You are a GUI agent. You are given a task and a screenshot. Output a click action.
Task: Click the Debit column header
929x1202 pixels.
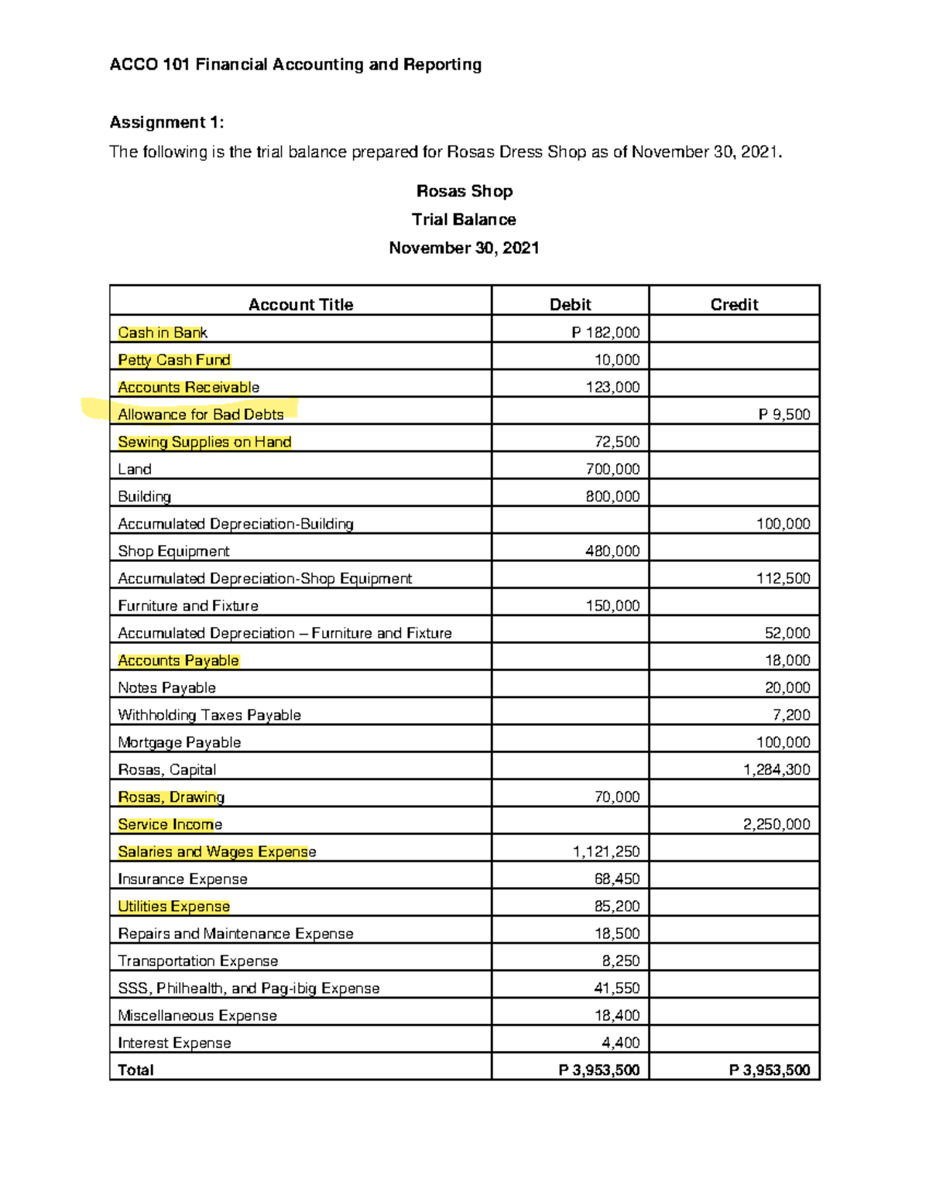(570, 304)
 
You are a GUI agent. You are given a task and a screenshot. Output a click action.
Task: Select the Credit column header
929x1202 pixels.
(734, 304)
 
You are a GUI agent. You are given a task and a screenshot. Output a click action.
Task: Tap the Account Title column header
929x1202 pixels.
(300, 304)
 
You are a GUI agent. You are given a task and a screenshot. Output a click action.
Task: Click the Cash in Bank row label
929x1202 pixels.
(163, 333)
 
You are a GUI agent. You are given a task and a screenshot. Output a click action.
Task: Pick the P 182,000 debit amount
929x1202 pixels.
(605, 333)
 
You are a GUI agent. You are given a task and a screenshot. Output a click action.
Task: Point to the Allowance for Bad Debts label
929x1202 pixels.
(201, 415)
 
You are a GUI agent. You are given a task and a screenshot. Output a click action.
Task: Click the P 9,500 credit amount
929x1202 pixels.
(783, 415)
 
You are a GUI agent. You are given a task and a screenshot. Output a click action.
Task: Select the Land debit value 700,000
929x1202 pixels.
(612, 469)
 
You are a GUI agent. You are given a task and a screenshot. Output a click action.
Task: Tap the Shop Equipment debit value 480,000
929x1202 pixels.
(612, 551)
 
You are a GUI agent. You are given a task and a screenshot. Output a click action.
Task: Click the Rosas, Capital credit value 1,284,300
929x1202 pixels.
(776, 769)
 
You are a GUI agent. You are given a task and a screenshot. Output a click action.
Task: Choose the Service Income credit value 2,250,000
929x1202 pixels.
(776, 824)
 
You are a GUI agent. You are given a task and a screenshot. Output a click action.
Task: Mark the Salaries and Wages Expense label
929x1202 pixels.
(217, 851)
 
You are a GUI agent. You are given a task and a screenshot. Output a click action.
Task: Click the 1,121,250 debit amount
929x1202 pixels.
(606, 851)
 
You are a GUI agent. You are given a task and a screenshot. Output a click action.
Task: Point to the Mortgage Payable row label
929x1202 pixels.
(179, 742)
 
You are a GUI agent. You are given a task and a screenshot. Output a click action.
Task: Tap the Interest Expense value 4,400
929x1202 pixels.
(621, 1043)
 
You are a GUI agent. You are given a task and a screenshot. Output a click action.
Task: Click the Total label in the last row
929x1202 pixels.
(135, 1070)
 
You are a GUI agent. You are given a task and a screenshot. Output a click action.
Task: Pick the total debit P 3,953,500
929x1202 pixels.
(599, 1070)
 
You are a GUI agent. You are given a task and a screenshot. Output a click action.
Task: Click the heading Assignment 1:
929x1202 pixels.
(166, 122)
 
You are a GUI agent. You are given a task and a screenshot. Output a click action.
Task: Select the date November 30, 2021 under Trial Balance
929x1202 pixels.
(464, 248)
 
